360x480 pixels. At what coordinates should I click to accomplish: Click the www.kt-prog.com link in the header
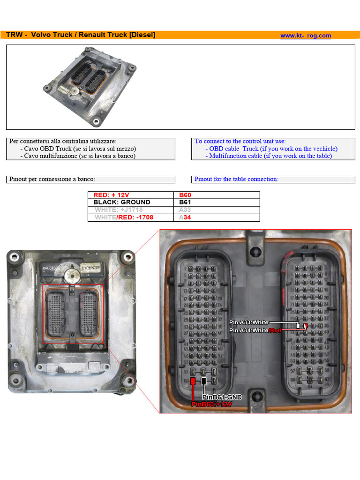[306, 36]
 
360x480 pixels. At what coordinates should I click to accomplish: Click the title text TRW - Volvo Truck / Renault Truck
[80, 35]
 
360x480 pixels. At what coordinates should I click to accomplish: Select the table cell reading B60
[185, 195]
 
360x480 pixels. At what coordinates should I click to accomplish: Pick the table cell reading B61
[185, 202]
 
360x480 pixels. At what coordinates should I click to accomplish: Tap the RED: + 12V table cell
[111, 195]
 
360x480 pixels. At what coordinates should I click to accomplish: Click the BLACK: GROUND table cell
[122, 202]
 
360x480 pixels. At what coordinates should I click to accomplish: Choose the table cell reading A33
[185, 210]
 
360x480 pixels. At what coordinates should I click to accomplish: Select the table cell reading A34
[185, 217]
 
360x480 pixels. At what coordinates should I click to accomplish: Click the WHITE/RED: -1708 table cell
[124, 217]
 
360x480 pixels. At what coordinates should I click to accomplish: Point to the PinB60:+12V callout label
[211, 404]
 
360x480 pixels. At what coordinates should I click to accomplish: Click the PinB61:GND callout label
[222, 397]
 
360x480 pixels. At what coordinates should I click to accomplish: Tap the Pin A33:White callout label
[248, 322]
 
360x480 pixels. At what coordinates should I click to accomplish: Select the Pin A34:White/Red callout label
[255, 330]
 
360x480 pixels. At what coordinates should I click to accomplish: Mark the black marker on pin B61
[203, 381]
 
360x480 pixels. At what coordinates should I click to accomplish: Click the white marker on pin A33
[298, 325]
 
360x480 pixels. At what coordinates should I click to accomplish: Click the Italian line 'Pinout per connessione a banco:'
[52, 179]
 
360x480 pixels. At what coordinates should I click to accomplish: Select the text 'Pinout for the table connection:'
[236, 179]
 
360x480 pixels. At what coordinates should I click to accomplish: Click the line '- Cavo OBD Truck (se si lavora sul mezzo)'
[78, 149]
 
